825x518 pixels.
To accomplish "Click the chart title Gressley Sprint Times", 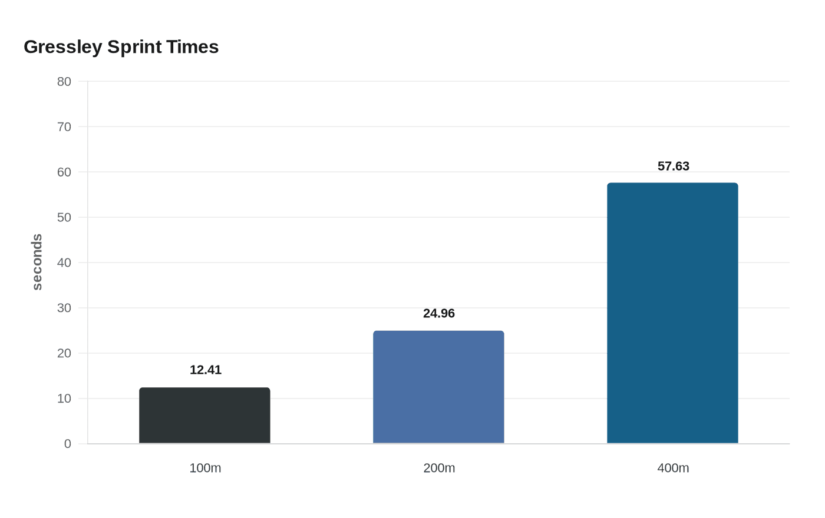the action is point(121,47).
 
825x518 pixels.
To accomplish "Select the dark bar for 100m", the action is point(205,416).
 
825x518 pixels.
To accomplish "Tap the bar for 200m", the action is point(438,387).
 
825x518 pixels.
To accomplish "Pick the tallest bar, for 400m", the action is point(672,313).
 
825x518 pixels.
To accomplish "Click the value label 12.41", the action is point(206,370).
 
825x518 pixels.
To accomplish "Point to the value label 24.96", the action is point(439,313).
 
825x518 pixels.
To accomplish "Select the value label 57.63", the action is point(673,166).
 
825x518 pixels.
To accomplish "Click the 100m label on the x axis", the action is point(205,468).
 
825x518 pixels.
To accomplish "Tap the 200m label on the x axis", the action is point(439,468).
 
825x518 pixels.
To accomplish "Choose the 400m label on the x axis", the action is point(673,468).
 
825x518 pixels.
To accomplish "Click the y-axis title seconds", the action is point(37,262).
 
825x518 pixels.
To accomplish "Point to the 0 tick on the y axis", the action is point(67,444).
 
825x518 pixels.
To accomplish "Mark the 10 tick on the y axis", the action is point(64,399).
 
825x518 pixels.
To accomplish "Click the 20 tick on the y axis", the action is point(64,353).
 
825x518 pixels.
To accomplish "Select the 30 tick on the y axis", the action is point(64,308).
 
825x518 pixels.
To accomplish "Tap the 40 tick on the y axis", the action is point(64,263).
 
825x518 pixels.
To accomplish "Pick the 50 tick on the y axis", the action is point(64,217).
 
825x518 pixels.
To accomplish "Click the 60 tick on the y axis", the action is point(64,172).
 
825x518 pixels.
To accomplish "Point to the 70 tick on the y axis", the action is point(64,127).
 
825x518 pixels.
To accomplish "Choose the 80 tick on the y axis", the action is point(64,82).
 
